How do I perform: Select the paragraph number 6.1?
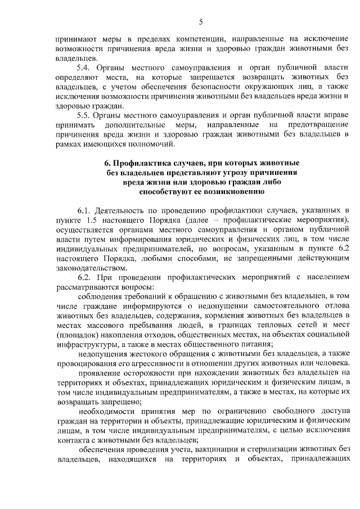(84, 209)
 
